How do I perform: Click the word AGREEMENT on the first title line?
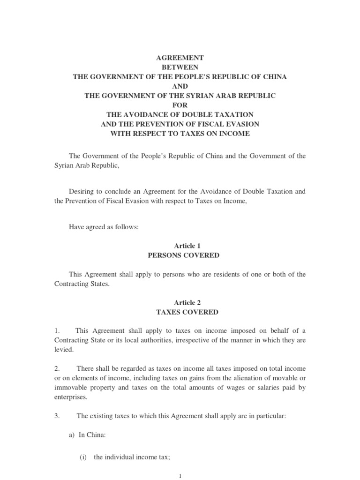tap(180, 58)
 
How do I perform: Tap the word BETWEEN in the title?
tap(180, 67)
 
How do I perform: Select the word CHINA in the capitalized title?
tap(274, 76)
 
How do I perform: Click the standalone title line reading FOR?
tap(180, 105)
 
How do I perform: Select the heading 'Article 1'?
tap(180, 246)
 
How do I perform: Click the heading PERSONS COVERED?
tap(180, 255)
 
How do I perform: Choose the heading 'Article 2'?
tap(180, 303)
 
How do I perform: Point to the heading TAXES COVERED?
tap(180, 312)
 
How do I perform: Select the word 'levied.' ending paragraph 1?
tap(63, 350)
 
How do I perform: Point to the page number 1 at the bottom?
tap(180, 476)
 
